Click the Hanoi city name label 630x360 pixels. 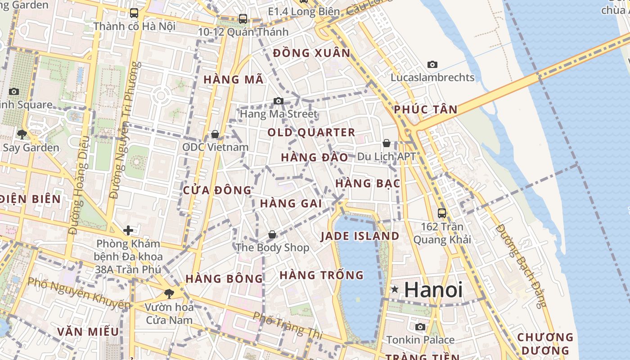(x=433, y=289)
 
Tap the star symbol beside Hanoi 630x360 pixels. (x=395, y=289)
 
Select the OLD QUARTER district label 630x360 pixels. (x=311, y=132)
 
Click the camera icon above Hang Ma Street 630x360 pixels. (x=279, y=101)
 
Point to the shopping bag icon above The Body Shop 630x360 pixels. (x=272, y=234)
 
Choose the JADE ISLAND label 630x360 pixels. (x=360, y=236)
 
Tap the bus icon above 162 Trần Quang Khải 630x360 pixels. (x=442, y=213)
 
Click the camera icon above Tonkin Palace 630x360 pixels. (x=420, y=327)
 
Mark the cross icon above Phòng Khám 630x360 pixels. (x=128, y=230)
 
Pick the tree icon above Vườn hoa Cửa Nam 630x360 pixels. (x=169, y=294)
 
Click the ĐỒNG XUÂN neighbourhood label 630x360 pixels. (x=311, y=53)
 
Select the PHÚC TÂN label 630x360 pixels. (x=425, y=109)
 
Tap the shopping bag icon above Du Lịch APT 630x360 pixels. (x=386, y=144)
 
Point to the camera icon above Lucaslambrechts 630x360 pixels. (x=432, y=65)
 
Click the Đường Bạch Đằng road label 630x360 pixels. (x=520, y=265)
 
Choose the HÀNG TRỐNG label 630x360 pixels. (x=321, y=274)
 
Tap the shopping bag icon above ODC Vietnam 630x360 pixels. (x=215, y=134)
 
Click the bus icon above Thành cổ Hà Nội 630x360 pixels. (x=134, y=13)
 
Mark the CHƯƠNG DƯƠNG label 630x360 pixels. (x=545, y=343)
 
